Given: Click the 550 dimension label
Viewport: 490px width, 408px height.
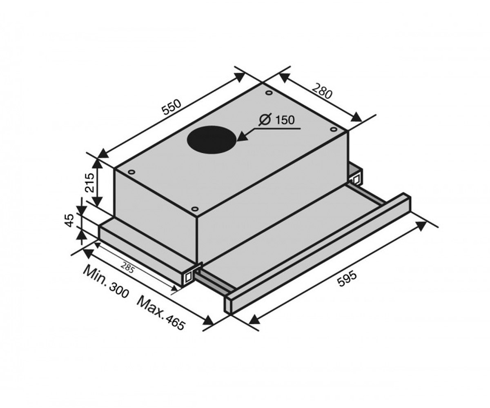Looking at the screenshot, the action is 172,107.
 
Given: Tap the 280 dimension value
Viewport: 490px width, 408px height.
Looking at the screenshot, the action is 323,91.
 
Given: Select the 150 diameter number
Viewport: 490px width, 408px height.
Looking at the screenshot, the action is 285,120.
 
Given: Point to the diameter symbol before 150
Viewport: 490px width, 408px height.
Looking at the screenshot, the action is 265,120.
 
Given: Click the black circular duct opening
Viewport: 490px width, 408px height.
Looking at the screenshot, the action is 211,140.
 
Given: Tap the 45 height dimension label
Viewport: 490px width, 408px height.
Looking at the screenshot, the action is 70,220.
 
